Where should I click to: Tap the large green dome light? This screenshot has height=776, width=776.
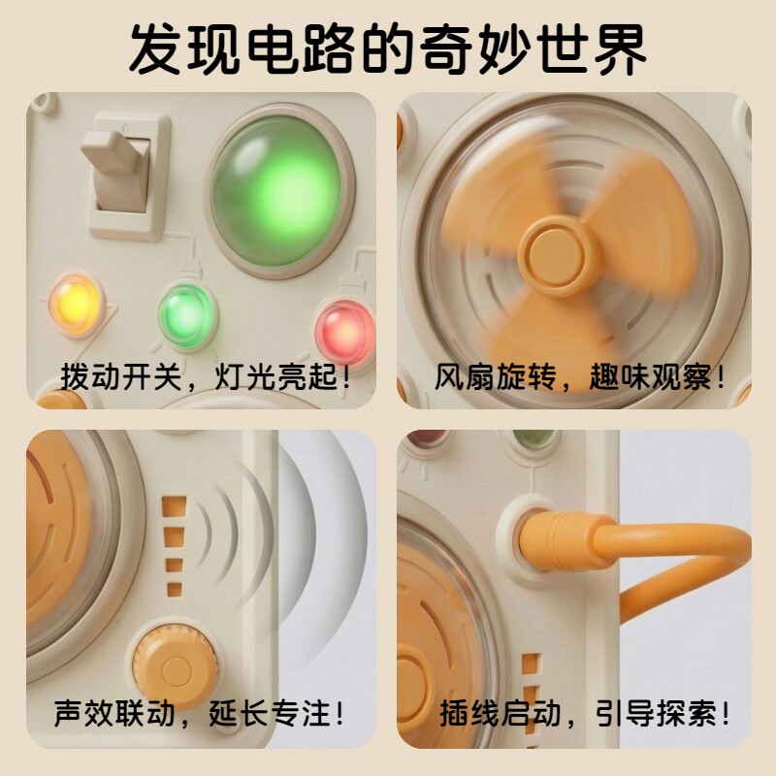click(x=278, y=191)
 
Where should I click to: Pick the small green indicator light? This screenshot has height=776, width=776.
click(x=186, y=315)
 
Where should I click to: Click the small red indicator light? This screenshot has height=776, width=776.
click(x=345, y=332)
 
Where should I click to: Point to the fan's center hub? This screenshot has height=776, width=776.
click(x=559, y=255)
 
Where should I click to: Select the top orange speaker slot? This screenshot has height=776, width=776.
click(x=175, y=506)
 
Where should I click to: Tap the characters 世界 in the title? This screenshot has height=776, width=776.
click(x=593, y=50)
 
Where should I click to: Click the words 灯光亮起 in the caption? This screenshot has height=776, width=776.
click(x=276, y=377)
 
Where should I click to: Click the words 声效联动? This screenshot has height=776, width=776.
click(x=114, y=713)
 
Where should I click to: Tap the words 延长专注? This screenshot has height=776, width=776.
click(x=271, y=713)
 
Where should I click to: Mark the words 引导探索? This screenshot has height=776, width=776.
click(x=657, y=713)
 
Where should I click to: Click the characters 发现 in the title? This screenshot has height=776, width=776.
click(x=184, y=50)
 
